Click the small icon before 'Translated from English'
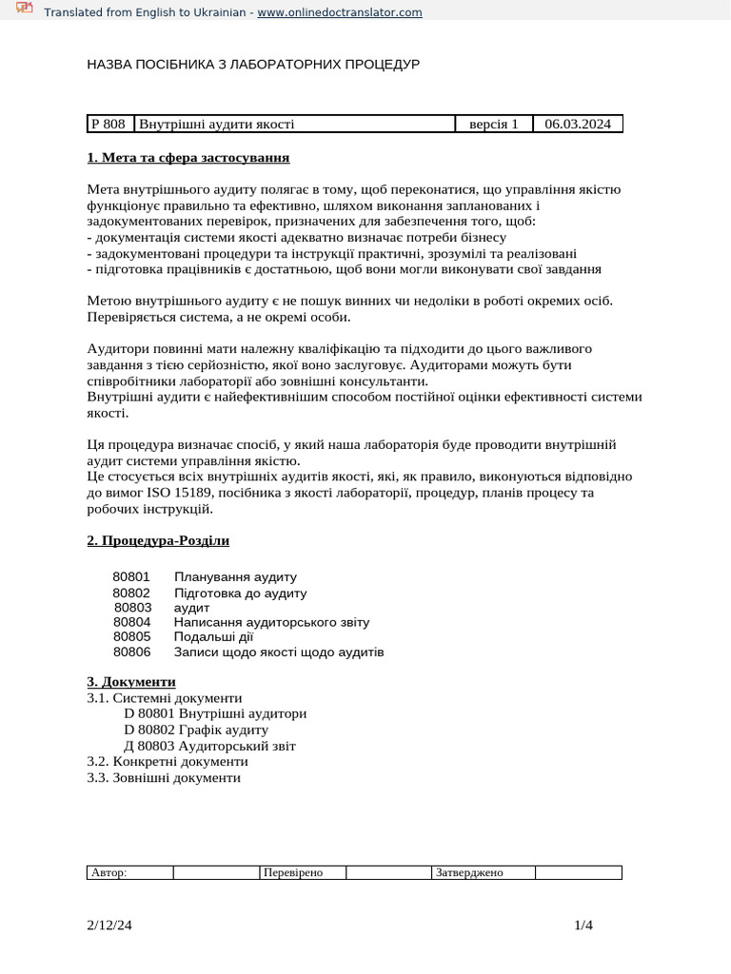click(25, 10)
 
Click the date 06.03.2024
click(578, 124)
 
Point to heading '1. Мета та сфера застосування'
click(188, 157)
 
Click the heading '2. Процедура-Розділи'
click(158, 540)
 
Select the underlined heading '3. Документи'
click(131, 682)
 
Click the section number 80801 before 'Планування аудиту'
click(131, 576)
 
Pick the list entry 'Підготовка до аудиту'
click(240, 593)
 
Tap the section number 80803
click(132, 607)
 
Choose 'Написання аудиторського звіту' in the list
click(271, 622)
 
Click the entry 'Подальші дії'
click(213, 637)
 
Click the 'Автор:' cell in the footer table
click(129, 872)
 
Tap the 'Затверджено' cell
click(483, 872)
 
